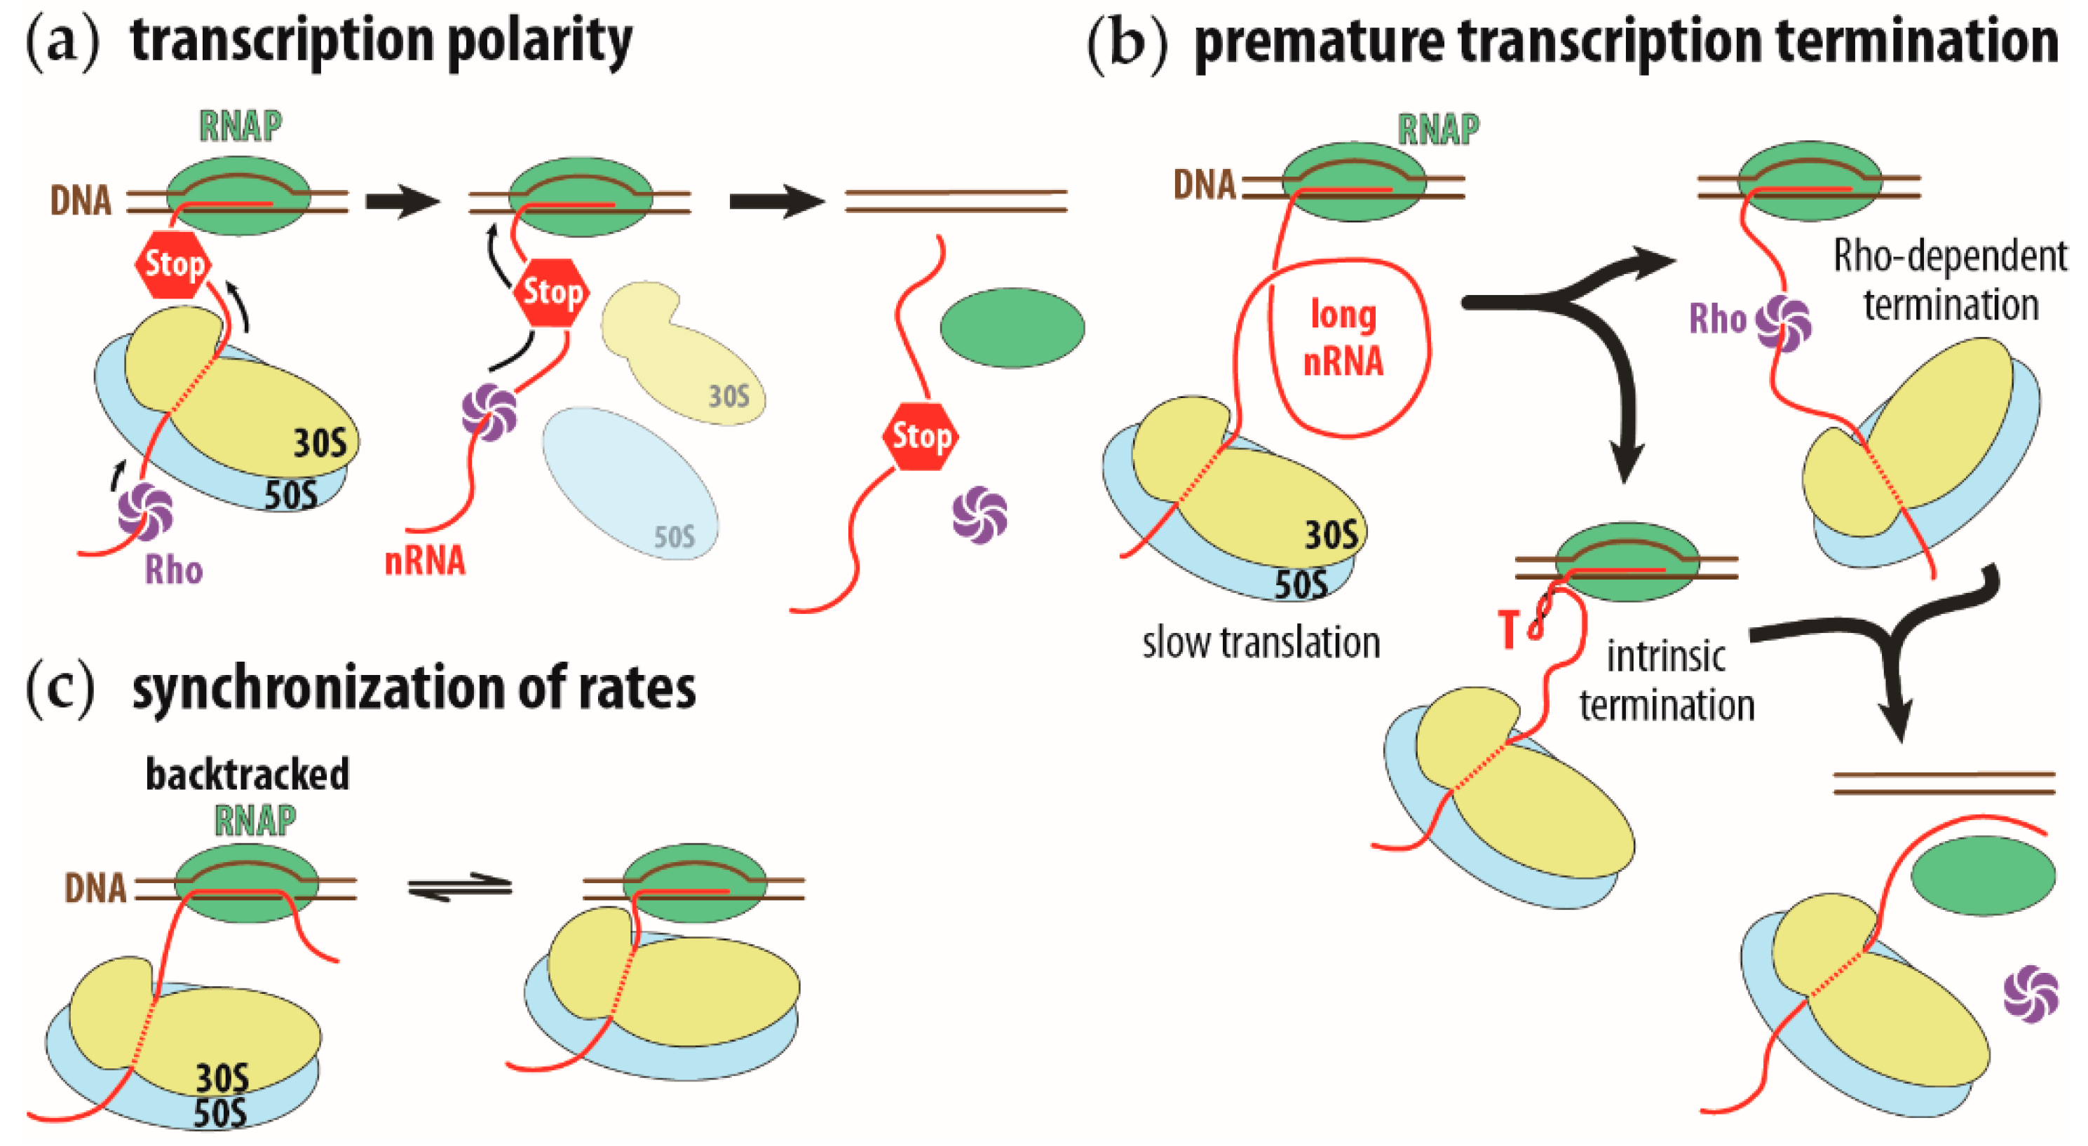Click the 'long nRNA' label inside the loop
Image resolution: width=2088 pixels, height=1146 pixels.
click(1343, 338)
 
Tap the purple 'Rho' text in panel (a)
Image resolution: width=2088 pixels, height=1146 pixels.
click(173, 570)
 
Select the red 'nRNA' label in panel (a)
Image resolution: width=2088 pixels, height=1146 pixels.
click(425, 561)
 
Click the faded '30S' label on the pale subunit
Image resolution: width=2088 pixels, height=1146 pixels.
click(728, 396)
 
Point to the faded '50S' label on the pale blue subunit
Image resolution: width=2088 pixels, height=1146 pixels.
click(674, 536)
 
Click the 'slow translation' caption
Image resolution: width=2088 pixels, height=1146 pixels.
click(1261, 643)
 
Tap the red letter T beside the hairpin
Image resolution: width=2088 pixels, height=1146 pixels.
click(1508, 629)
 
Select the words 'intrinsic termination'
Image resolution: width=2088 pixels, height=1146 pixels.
click(1667, 681)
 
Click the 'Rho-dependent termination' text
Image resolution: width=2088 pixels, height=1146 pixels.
click(1949, 280)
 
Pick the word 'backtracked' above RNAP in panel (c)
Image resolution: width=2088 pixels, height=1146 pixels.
click(248, 775)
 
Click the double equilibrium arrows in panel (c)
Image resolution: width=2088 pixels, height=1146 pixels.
click(459, 885)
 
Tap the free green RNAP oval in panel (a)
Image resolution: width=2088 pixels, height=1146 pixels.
click(1012, 327)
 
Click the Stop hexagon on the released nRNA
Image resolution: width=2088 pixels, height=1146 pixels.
click(920, 436)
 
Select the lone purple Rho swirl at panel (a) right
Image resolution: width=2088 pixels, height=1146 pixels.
click(980, 514)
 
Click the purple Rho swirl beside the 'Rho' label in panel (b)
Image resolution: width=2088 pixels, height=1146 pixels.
click(1782, 323)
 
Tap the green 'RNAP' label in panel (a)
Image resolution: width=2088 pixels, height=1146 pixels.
click(240, 125)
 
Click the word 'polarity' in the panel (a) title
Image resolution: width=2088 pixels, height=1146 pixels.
click(539, 42)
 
